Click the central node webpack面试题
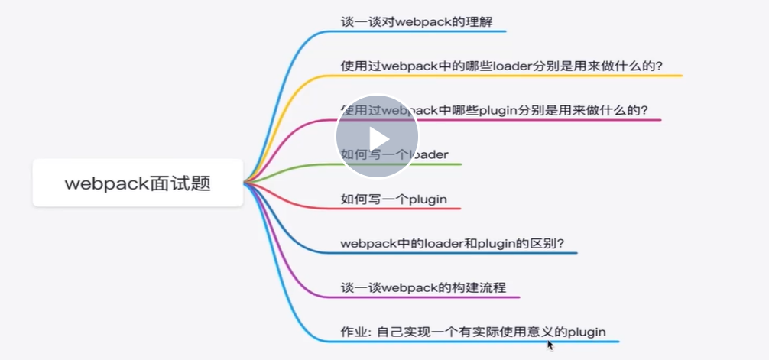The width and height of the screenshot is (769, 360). [x=138, y=183]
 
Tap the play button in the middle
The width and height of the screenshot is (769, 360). [x=376, y=137]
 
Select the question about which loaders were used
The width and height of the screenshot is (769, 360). [x=501, y=66]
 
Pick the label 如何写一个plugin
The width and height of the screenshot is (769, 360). [x=394, y=199]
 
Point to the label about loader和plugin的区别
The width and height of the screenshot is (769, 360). [x=453, y=244]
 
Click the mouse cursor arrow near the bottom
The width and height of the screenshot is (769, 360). [x=550, y=345]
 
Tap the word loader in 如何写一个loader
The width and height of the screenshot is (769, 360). [x=430, y=154]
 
